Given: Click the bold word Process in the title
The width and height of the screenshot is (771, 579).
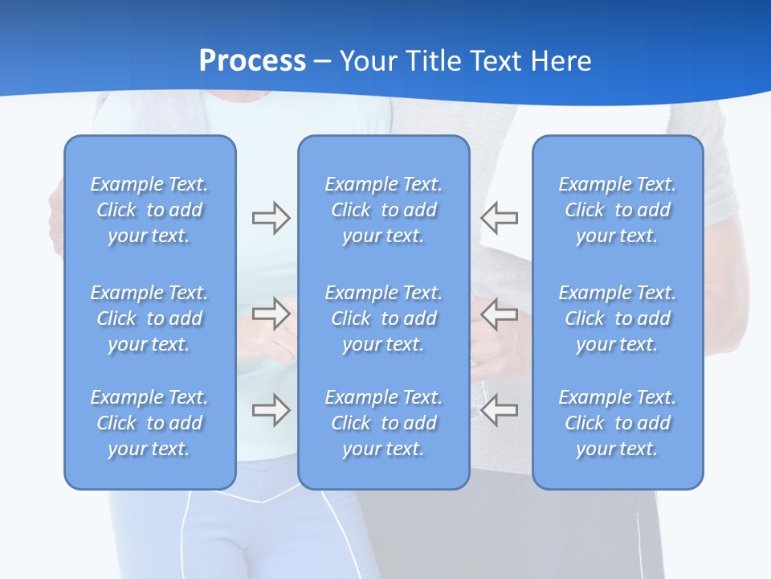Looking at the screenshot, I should [x=252, y=61].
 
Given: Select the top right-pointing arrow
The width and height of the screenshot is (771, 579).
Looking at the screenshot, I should [x=271, y=218].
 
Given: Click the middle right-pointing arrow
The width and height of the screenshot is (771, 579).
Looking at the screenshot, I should [x=271, y=312].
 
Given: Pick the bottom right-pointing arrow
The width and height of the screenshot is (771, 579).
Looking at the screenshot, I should [x=271, y=409].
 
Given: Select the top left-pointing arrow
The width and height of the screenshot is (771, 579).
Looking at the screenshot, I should [x=500, y=218].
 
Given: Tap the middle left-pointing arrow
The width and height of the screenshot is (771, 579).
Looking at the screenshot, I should [x=500, y=312].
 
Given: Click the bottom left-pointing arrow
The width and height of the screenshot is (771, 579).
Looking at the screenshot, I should [x=500, y=409].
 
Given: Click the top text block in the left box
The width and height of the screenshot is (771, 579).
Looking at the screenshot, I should [x=149, y=210].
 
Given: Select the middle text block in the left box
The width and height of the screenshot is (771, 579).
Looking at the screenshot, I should [x=149, y=318].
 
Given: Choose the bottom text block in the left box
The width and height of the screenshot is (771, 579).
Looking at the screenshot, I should [x=149, y=423].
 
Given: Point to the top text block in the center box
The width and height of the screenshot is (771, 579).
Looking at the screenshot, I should [x=383, y=210].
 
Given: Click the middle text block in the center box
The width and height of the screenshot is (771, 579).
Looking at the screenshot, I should [x=383, y=318].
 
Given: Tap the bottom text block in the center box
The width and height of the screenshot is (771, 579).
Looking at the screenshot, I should [x=383, y=423].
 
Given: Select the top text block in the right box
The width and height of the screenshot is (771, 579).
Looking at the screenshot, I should [x=617, y=210].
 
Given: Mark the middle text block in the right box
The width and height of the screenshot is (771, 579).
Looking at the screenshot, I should [x=617, y=318].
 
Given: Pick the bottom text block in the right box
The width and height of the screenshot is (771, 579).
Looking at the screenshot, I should [x=617, y=423].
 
